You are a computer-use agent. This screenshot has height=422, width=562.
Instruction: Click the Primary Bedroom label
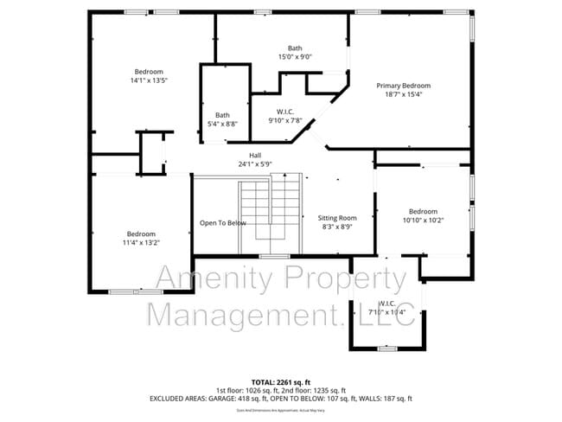[x=403, y=86]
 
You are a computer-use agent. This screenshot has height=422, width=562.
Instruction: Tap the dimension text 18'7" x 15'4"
[x=403, y=95]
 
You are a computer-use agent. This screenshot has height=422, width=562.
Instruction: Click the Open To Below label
[x=223, y=223]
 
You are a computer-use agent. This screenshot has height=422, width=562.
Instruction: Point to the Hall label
[x=255, y=155]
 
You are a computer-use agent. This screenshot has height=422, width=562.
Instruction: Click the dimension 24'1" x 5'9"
[x=255, y=163]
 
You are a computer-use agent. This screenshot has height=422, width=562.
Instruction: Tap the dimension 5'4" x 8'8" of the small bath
[x=223, y=125]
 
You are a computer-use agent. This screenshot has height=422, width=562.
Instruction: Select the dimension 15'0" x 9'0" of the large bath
[x=295, y=57]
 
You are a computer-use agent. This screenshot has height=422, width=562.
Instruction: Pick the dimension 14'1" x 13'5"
[x=149, y=80]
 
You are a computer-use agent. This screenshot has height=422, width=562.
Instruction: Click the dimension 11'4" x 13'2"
[x=142, y=243]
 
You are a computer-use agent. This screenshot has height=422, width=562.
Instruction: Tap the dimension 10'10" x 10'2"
[x=423, y=221]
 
